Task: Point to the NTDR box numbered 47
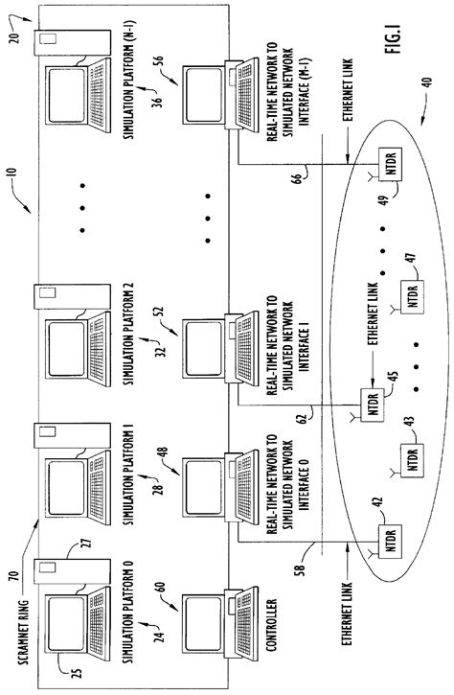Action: point(410,299)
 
